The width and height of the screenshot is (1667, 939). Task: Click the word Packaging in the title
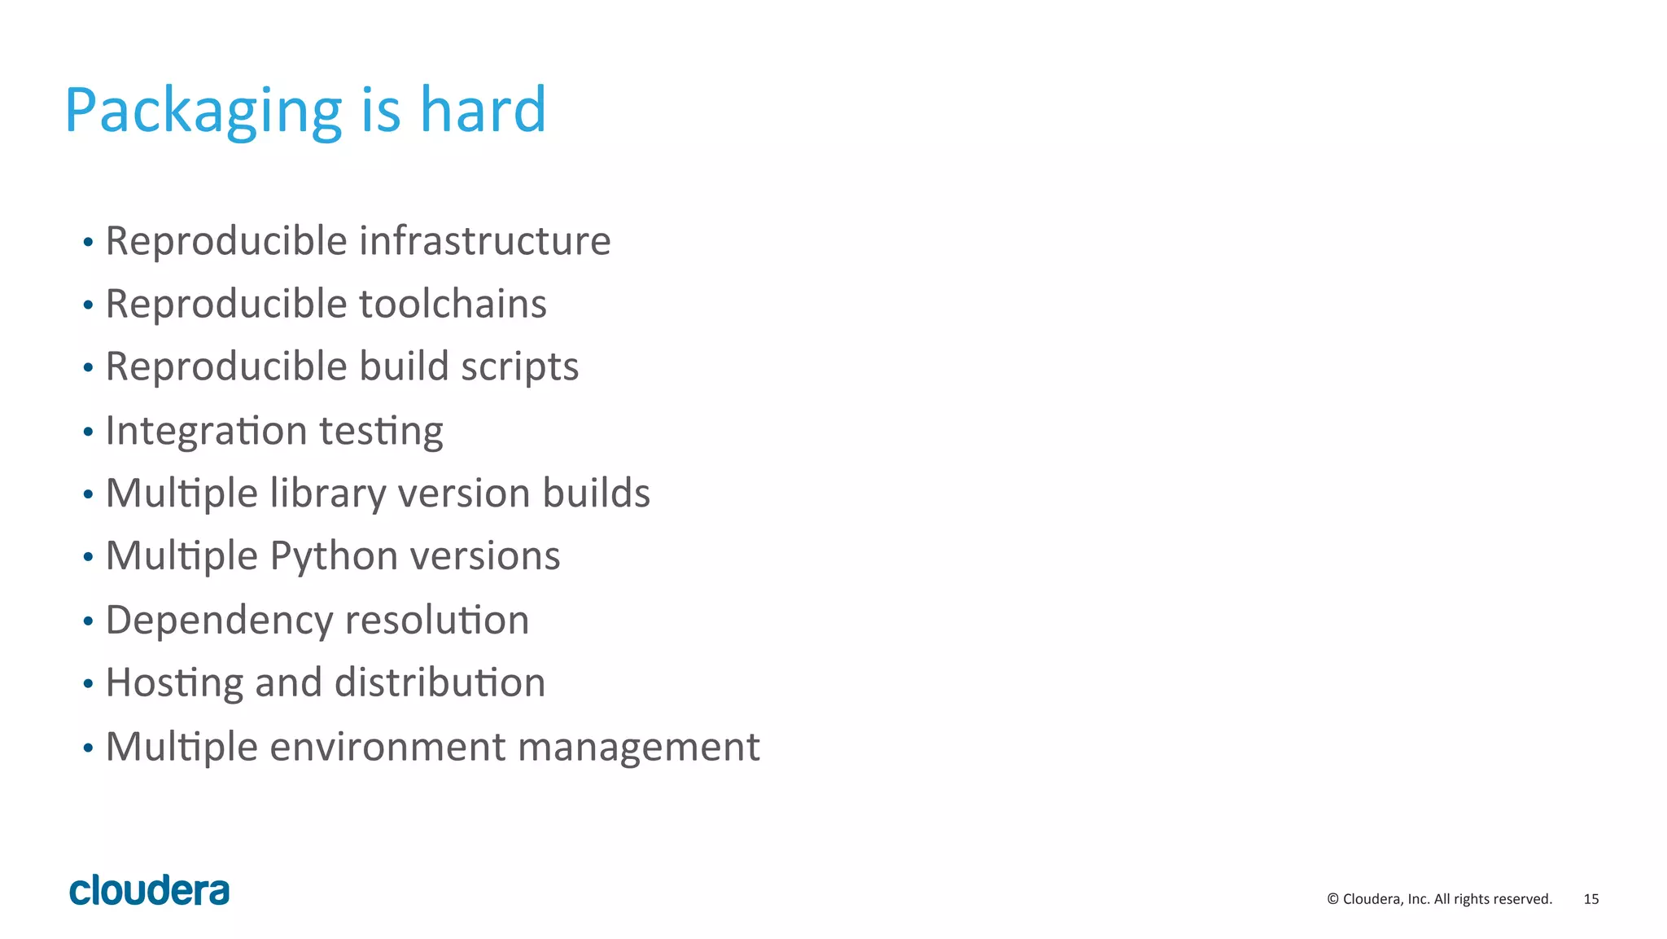tap(203, 111)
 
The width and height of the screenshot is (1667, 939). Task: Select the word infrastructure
tap(484, 241)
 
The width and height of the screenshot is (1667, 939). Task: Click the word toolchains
tap(453, 304)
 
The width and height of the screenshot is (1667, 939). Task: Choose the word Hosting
tap(174, 683)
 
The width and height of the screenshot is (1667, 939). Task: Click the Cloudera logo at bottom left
tap(150, 890)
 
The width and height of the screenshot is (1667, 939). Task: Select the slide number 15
tap(1590, 899)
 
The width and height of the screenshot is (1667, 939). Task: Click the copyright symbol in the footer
tap(1332, 899)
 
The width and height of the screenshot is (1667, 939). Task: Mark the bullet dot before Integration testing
tap(88, 432)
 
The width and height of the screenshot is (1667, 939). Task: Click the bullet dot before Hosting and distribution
tap(88, 684)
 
